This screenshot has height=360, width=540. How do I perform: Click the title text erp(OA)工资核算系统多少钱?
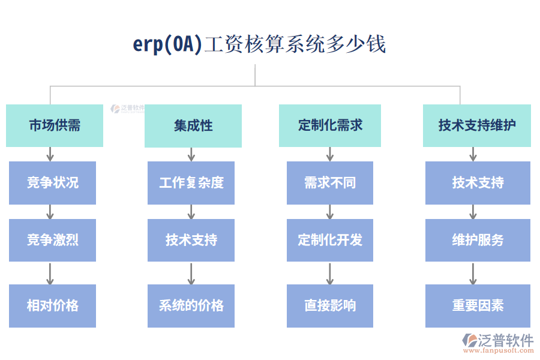(259, 44)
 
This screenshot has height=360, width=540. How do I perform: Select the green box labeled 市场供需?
(55, 125)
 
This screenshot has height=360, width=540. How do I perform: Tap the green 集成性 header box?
(193, 125)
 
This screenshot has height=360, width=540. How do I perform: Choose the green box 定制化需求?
(330, 125)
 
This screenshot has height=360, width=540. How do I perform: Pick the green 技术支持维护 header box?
(477, 125)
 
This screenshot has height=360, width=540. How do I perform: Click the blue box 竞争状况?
(52, 182)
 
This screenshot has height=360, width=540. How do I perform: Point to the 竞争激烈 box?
(52, 240)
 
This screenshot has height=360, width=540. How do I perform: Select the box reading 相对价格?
(52, 305)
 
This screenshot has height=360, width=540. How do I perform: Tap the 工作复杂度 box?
(191, 182)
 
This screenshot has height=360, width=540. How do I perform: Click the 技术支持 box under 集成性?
(191, 240)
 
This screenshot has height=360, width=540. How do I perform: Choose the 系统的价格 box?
(191, 305)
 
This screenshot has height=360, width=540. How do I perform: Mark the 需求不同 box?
(330, 182)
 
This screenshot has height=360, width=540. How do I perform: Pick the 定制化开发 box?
(330, 240)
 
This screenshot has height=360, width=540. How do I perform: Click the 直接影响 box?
(330, 305)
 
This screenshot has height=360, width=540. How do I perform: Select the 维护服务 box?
(478, 240)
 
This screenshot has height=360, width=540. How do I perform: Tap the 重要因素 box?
(478, 305)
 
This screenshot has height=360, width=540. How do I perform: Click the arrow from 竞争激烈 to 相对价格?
(50, 273)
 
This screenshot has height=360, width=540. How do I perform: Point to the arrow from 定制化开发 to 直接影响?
(330, 273)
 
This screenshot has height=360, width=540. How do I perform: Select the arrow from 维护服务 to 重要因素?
(473, 273)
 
